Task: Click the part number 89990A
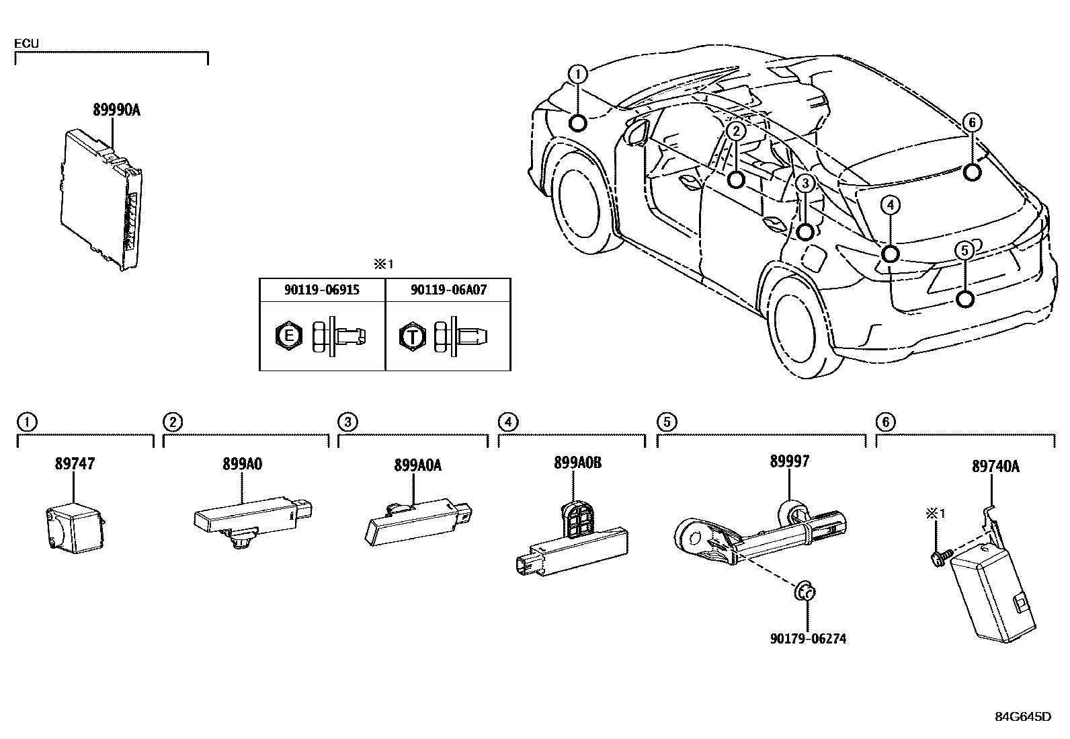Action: [x=116, y=111]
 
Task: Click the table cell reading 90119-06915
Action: [x=322, y=290]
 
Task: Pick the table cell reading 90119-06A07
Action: [x=448, y=290]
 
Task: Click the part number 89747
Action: [x=74, y=463]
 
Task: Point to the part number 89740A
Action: [x=995, y=465]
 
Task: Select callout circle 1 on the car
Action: [x=577, y=73]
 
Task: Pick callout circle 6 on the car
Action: [x=971, y=122]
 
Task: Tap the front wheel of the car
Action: [x=577, y=202]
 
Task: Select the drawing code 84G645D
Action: [x=1022, y=717]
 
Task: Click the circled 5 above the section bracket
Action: [x=666, y=422]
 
